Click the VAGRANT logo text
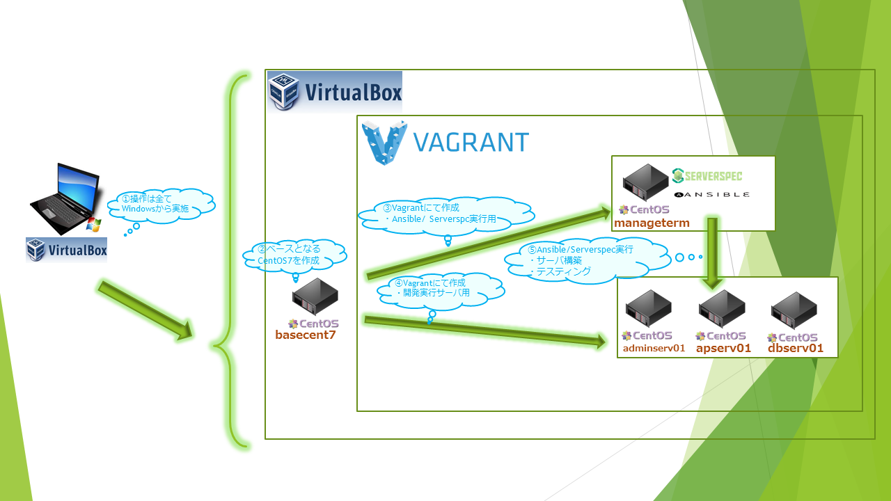point(471,141)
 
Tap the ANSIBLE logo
point(711,196)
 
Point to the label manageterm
point(652,223)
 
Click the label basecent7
point(306,335)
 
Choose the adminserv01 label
point(654,348)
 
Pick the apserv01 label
point(724,348)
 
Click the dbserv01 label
point(796,348)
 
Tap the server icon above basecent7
point(315,297)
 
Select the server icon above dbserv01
point(794,310)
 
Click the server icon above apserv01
point(722,309)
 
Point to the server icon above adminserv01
point(648,309)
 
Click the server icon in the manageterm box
point(645,182)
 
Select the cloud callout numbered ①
point(160,204)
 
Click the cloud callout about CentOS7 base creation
point(293,255)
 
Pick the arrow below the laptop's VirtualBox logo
point(145,310)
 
